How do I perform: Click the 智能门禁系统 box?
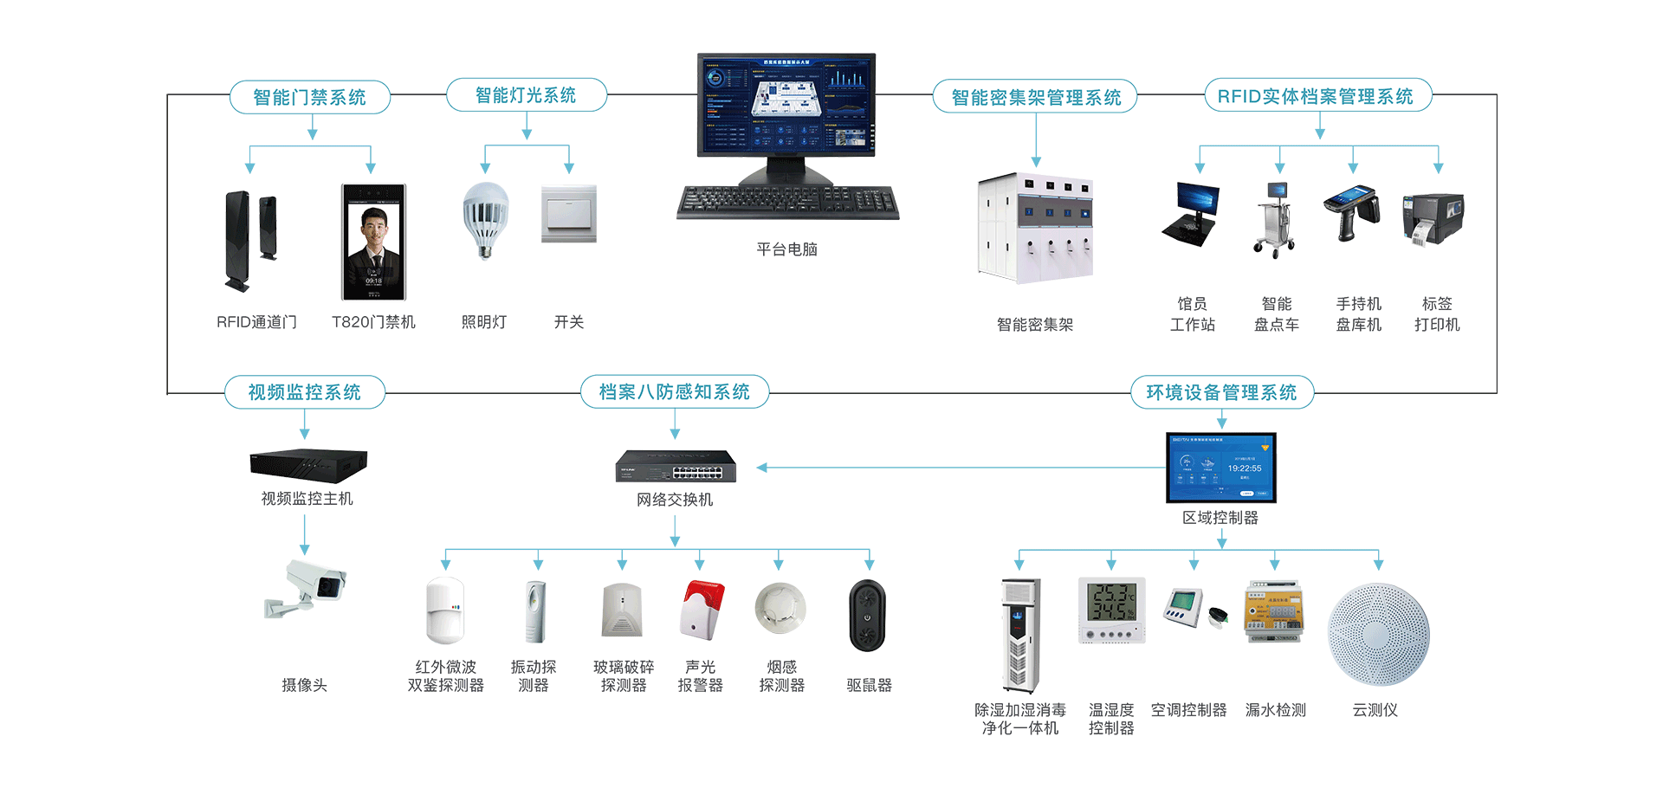(309, 97)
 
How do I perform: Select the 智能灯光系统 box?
(526, 95)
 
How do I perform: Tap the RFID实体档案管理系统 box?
(1317, 96)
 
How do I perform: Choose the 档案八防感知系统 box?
(674, 392)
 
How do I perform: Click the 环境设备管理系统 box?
(1221, 392)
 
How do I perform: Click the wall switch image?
(569, 213)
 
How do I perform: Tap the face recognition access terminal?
(373, 242)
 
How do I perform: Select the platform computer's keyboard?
(786, 203)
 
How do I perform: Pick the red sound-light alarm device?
(702, 610)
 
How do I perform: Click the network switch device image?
(676, 467)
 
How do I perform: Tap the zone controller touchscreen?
(1220, 468)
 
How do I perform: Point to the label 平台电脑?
(786, 249)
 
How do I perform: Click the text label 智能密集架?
(1035, 325)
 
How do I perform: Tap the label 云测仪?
(1375, 710)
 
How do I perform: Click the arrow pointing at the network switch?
(762, 468)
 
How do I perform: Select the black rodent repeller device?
(867, 616)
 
